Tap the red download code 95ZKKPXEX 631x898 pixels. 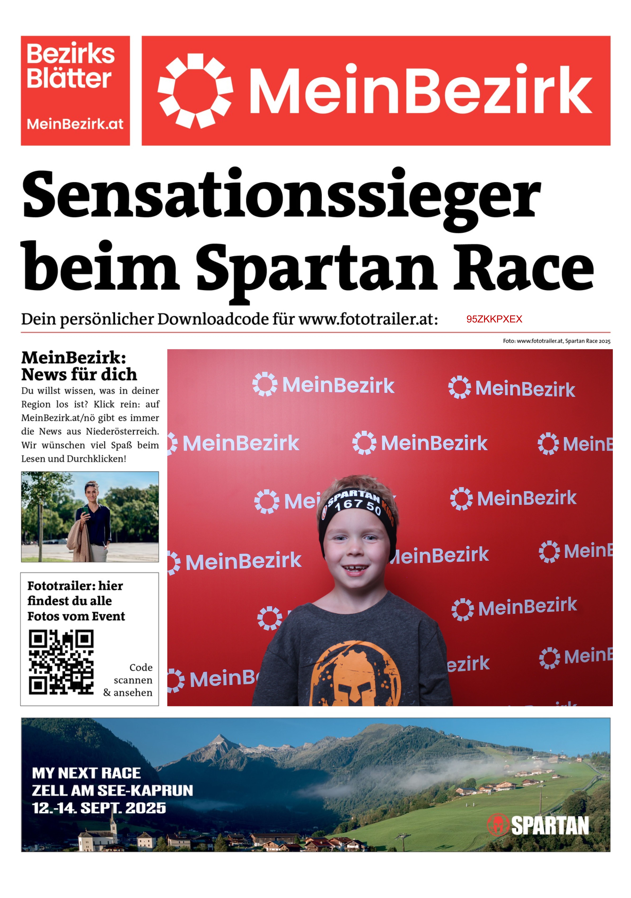click(x=494, y=319)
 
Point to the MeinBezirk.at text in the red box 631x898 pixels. click(x=75, y=124)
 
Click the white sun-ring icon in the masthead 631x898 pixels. click(x=195, y=91)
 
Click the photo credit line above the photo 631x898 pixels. click(x=556, y=341)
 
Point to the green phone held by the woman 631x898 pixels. click(x=85, y=510)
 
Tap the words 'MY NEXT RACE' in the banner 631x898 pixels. click(x=86, y=773)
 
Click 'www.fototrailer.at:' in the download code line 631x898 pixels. click(x=368, y=319)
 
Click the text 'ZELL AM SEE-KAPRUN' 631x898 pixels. click(x=112, y=790)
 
